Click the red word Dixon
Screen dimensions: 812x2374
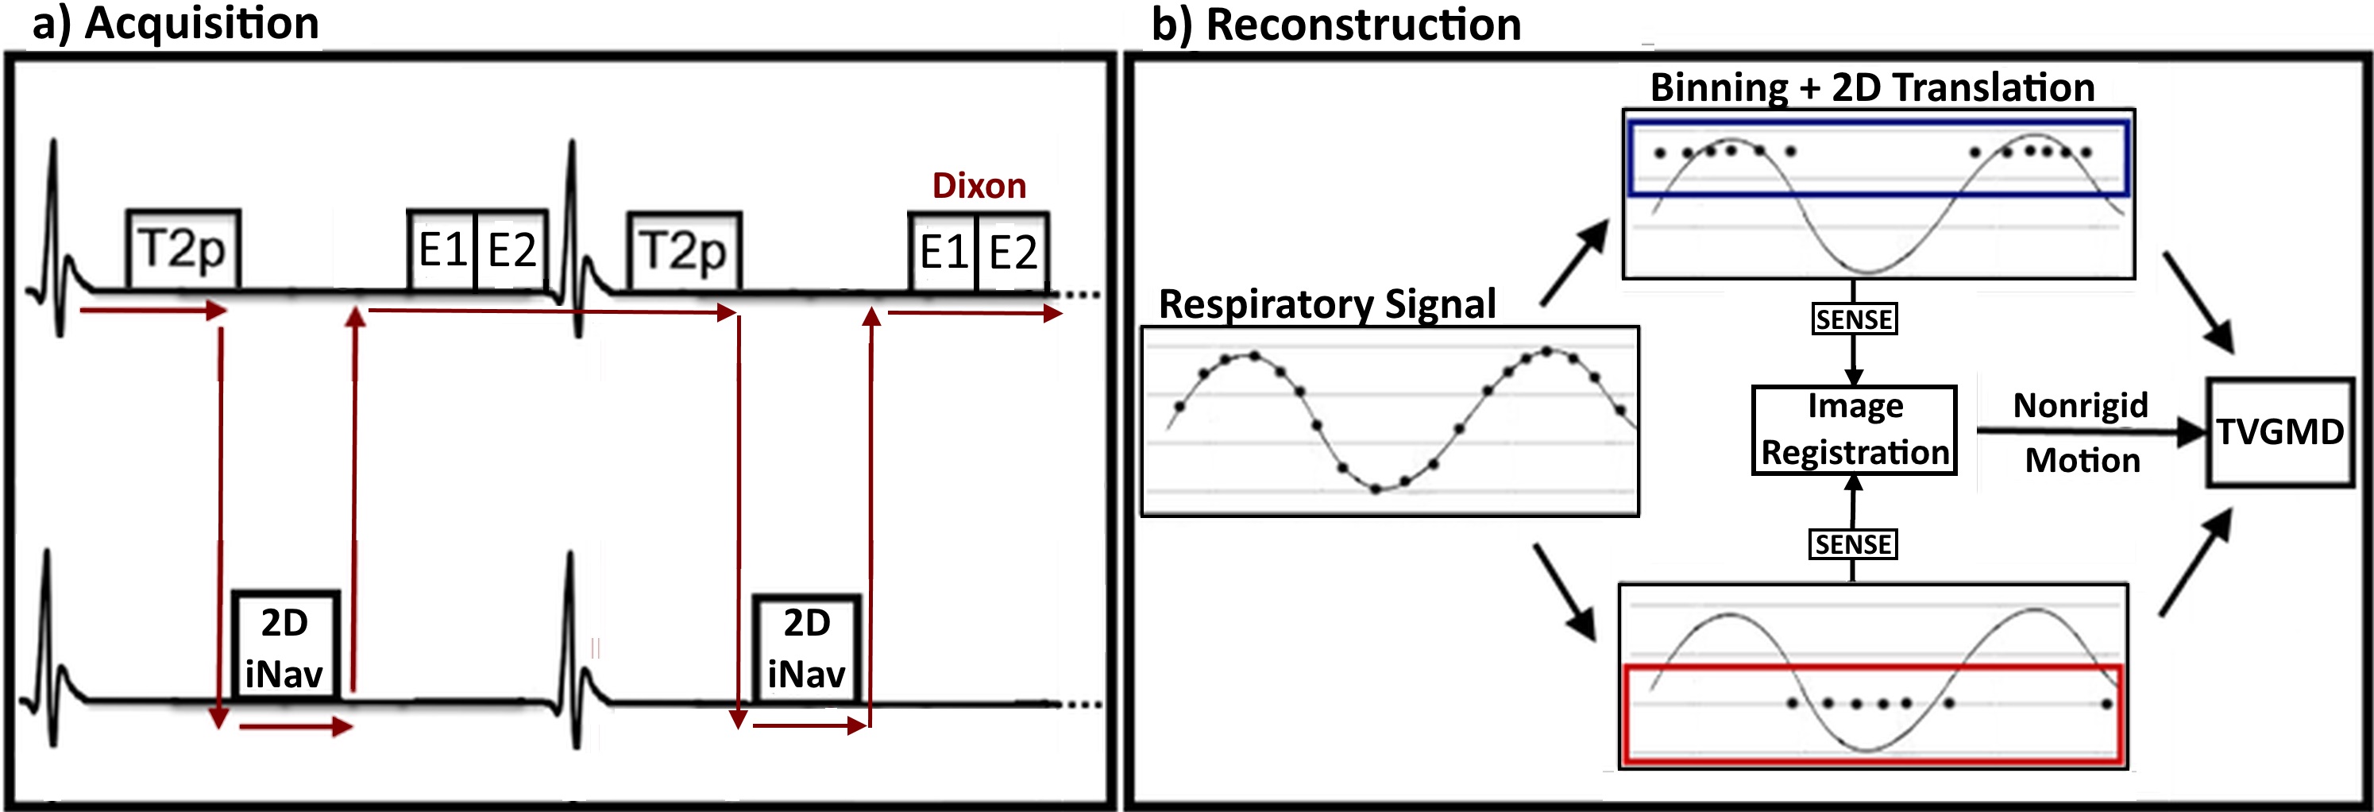[979, 186]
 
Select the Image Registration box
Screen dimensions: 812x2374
[1855, 430]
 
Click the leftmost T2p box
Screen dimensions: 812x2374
[183, 249]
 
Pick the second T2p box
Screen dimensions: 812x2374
[684, 251]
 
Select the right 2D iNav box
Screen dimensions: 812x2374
[807, 649]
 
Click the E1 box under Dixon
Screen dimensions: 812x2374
[943, 252]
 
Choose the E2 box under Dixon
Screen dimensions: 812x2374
[1013, 252]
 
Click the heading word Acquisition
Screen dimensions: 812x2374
[202, 23]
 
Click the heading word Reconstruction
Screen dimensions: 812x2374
[1363, 24]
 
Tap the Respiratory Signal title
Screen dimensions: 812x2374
[1327, 304]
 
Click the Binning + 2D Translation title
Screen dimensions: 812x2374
[1872, 87]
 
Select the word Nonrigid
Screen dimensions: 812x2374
[2080, 405]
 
